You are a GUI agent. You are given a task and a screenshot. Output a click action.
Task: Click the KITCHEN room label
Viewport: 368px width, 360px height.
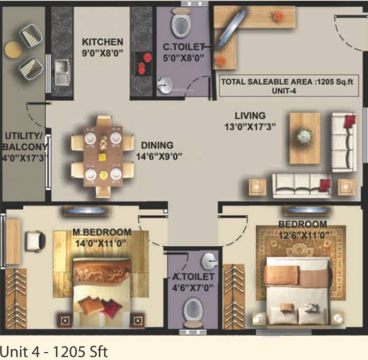click(x=104, y=42)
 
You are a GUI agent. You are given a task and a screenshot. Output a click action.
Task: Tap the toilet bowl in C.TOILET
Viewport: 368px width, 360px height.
click(x=181, y=25)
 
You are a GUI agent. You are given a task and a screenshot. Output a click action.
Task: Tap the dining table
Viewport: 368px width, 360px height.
click(x=102, y=156)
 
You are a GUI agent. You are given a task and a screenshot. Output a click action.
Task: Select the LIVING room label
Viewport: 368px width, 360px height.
click(x=249, y=115)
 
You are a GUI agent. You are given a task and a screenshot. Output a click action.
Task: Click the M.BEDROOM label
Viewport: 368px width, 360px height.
click(x=102, y=232)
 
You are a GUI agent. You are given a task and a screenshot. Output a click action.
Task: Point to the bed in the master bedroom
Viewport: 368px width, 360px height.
click(x=102, y=285)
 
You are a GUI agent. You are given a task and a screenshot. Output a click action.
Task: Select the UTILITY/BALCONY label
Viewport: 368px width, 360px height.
click(x=24, y=142)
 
